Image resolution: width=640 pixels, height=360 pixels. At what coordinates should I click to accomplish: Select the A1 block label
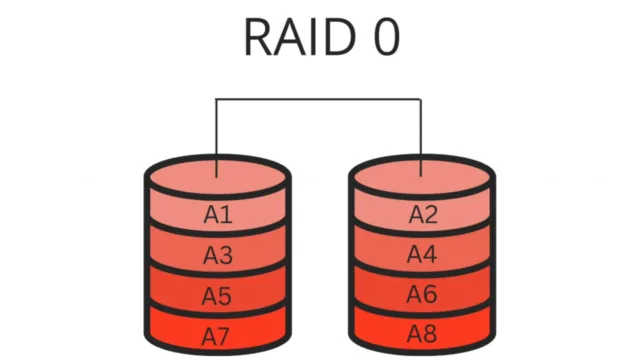[x=218, y=214]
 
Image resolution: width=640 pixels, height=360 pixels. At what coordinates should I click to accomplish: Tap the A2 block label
[x=422, y=214]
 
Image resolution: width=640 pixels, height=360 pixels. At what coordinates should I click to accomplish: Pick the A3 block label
[x=218, y=255]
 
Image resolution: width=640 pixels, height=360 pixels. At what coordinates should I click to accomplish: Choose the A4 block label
[x=422, y=255]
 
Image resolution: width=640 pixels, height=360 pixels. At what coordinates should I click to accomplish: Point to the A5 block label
[x=218, y=295]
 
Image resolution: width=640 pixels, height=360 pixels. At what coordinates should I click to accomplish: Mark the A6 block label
[x=422, y=295]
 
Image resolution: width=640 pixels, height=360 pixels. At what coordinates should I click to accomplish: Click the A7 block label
[x=218, y=333]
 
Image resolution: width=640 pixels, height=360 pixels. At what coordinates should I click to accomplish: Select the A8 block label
[x=422, y=333]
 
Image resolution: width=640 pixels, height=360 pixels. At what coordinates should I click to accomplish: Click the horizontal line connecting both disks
[x=320, y=99]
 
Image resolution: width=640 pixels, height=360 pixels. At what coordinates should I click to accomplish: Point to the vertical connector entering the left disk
[x=218, y=135]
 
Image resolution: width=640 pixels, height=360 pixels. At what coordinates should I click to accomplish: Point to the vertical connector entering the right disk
[x=422, y=135]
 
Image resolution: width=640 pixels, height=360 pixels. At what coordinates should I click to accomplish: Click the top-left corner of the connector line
[x=218, y=99]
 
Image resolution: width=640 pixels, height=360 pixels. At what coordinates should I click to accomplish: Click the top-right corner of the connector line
[x=422, y=99]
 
